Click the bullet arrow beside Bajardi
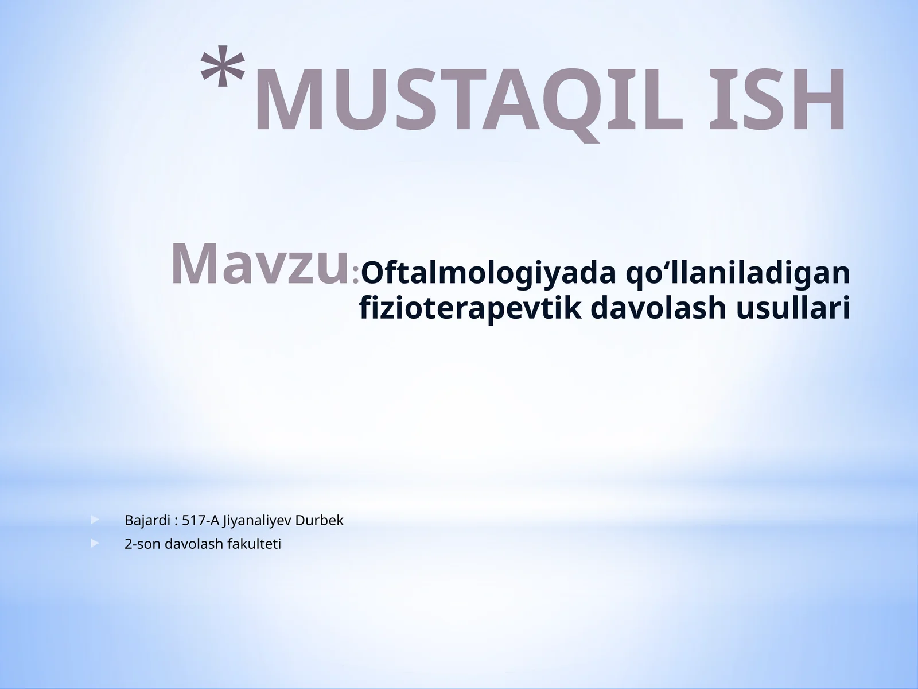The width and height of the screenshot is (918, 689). [x=95, y=521]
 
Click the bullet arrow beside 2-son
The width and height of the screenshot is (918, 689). [x=95, y=543]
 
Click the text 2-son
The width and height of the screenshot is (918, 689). [x=142, y=544]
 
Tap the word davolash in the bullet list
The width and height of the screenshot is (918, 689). [x=194, y=544]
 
